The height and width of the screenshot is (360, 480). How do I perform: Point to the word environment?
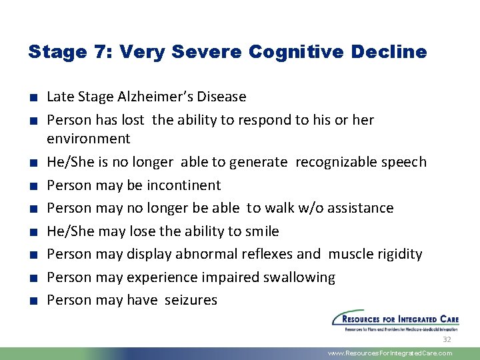(x=89, y=139)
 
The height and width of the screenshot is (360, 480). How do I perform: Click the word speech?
(x=402, y=162)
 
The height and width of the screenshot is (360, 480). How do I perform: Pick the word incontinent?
(x=183, y=185)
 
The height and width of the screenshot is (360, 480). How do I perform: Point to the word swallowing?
(x=299, y=277)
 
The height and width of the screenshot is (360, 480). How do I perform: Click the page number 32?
(x=447, y=339)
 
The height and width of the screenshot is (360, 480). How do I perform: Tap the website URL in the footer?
(x=390, y=353)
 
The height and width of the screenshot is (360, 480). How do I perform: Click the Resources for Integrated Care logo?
(x=392, y=319)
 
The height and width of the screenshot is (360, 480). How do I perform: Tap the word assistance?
(x=359, y=208)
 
